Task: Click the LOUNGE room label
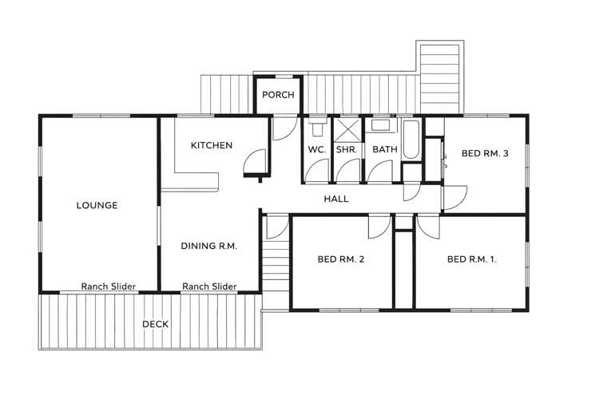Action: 97,205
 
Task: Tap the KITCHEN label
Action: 212,145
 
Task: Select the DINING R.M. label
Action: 209,246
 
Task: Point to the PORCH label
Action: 278,95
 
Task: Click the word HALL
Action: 336,199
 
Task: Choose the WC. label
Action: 317,149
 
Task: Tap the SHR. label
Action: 347,149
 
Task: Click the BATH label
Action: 385,149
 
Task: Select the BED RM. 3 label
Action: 485,153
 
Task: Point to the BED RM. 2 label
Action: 341,259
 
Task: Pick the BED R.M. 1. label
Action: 472,259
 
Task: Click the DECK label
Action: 156,324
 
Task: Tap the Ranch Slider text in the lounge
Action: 109,286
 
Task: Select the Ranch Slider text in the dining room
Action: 209,286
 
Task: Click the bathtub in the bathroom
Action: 411,140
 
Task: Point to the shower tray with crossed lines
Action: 347,131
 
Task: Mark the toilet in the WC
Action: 317,128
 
